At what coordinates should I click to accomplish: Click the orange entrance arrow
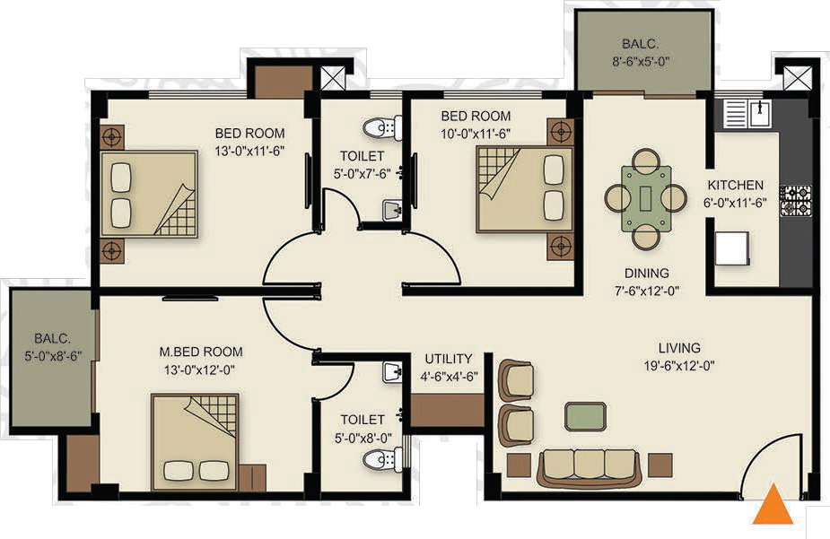[773, 506]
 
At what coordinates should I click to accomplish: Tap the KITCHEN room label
[735, 185]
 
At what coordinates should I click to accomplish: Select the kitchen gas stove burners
[795, 200]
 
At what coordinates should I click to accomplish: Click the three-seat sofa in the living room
[590, 467]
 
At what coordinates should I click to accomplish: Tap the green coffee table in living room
[585, 416]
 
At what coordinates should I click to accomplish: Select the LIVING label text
[679, 347]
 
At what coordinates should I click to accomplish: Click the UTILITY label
[449, 359]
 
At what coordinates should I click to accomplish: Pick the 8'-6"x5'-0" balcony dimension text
[640, 61]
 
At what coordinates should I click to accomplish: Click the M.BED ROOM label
[201, 352]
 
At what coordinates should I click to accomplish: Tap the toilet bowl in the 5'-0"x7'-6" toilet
[380, 127]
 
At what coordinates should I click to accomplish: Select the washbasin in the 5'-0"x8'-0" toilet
[392, 373]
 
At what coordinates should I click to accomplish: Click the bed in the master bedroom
[195, 441]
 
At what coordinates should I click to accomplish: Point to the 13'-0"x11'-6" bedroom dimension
[249, 151]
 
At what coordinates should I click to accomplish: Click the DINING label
[646, 273]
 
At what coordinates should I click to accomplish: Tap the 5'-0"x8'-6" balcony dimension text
[53, 356]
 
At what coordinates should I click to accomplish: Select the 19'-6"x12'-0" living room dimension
[679, 366]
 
